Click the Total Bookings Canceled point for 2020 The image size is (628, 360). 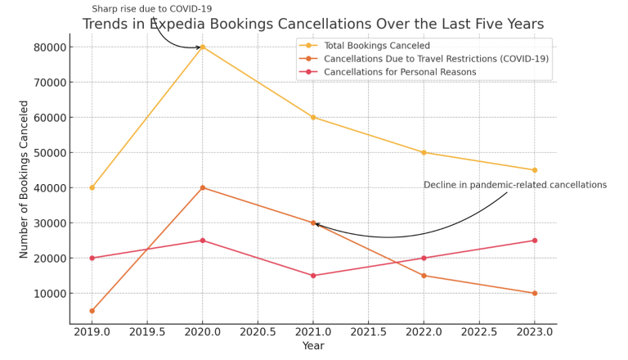[203, 47]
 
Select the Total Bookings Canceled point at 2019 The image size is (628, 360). [92, 187]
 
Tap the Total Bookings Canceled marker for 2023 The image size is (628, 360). [534, 170]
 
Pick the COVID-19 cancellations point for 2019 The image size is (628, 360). [92, 311]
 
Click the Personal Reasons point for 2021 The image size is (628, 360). [313, 276]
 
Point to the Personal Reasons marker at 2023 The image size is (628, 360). [534, 241]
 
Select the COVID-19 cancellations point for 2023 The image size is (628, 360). [534, 293]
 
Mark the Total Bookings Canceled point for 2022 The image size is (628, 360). [424, 152]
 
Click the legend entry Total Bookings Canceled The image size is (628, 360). [376, 46]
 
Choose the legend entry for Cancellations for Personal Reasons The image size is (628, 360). [399, 72]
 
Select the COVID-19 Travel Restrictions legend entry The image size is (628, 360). [436, 59]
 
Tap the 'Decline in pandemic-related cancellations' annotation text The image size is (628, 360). [515, 185]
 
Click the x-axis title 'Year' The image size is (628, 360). [313, 347]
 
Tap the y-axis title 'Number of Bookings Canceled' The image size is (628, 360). [25, 179]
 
